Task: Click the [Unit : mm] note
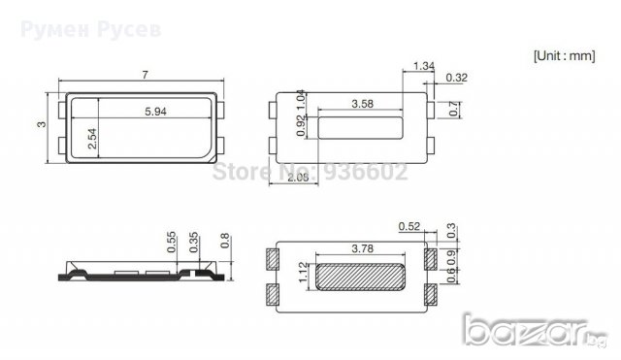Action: (x=563, y=55)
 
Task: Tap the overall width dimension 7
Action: (x=145, y=75)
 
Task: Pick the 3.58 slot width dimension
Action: (x=363, y=103)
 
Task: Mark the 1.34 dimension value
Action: (x=423, y=66)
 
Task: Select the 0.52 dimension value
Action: (x=409, y=227)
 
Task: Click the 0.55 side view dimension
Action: (x=172, y=243)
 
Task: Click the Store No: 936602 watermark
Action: (x=310, y=174)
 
